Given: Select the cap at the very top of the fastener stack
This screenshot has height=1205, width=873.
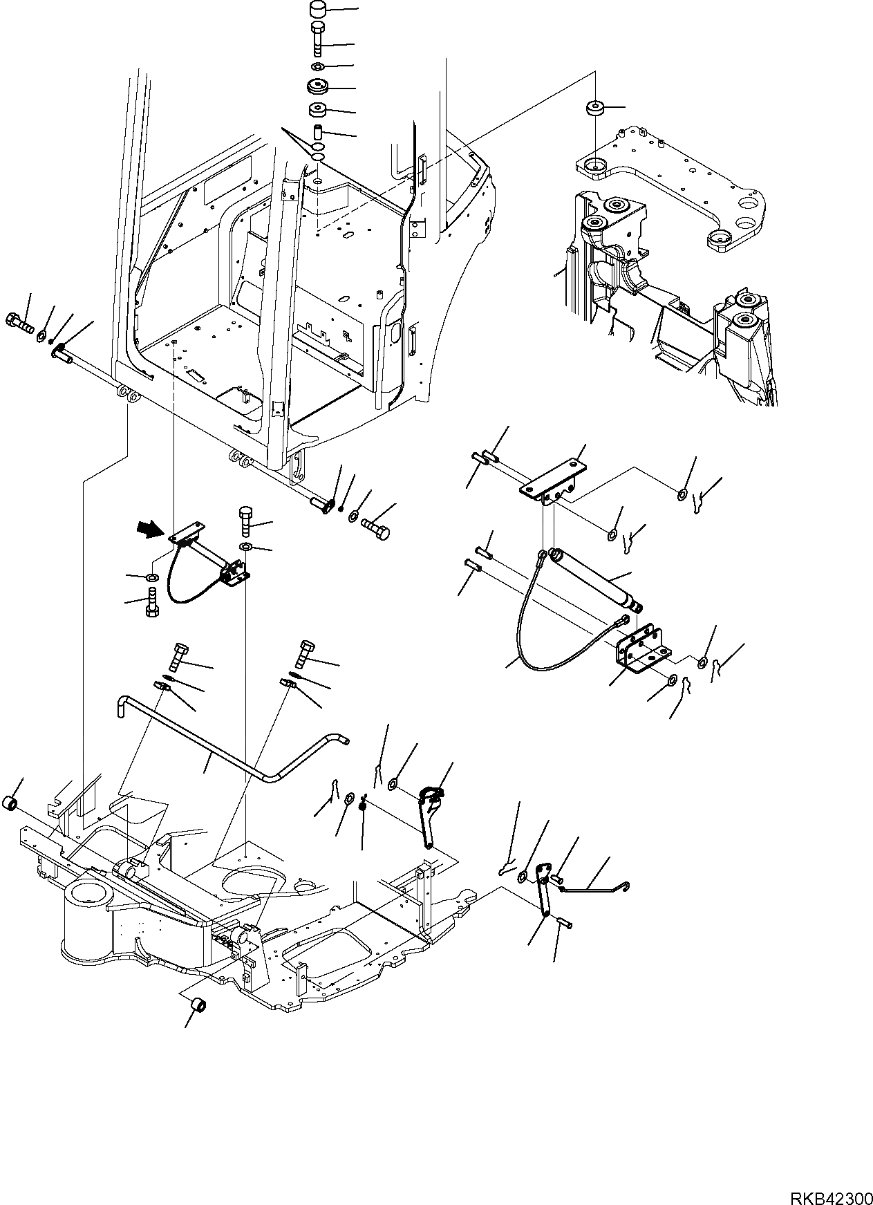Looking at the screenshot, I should (x=317, y=12).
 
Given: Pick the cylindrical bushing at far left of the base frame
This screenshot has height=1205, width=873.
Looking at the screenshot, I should (x=12, y=804).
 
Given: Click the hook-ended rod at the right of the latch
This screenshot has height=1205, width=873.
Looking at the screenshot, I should (x=594, y=887).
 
